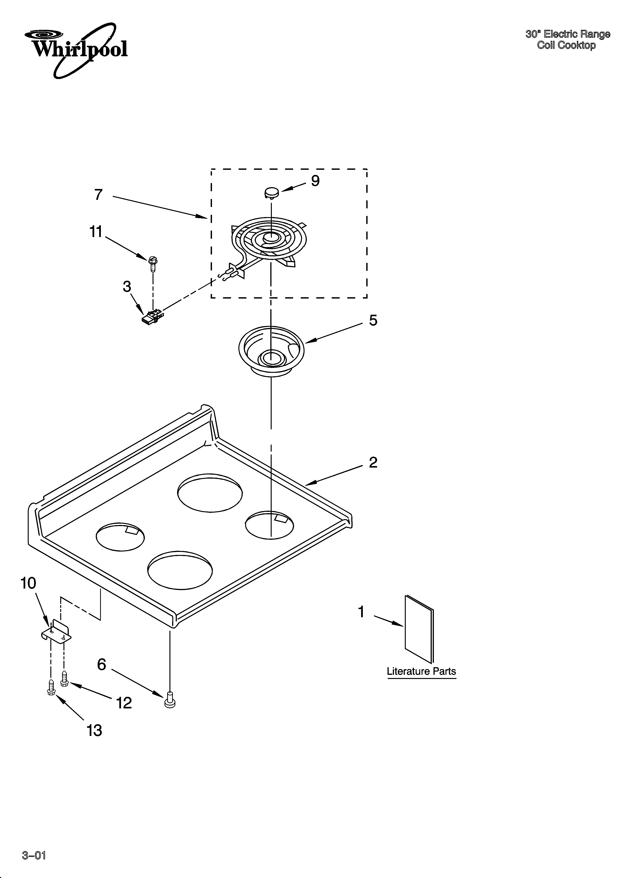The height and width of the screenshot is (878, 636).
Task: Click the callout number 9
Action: pos(315,181)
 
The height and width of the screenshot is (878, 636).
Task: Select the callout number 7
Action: pos(98,194)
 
